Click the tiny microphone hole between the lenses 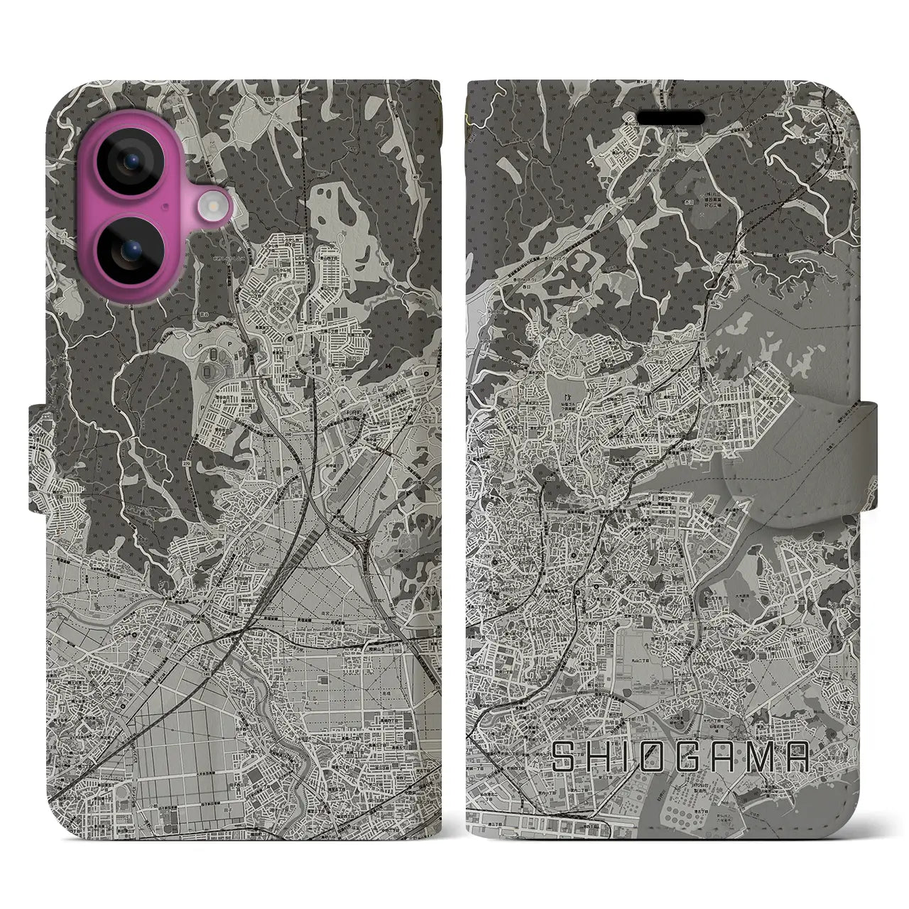[165, 207]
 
